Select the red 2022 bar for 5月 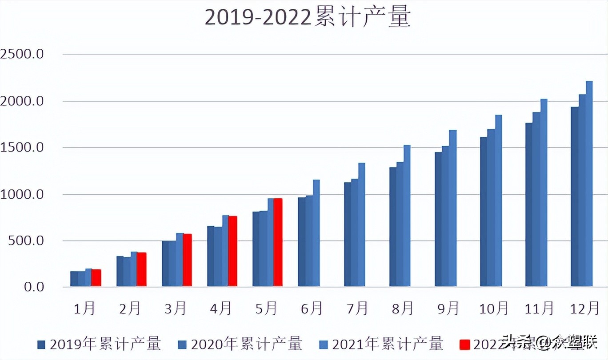click(x=278, y=242)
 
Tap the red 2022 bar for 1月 click(x=96, y=278)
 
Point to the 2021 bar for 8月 click(x=407, y=216)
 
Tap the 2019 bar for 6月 click(x=301, y=242)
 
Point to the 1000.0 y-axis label click(x=22, y=194)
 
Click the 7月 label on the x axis click(x=357, y=308)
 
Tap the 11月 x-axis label click(x=539, y=308)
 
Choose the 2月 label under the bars click(x=130, y=308)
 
